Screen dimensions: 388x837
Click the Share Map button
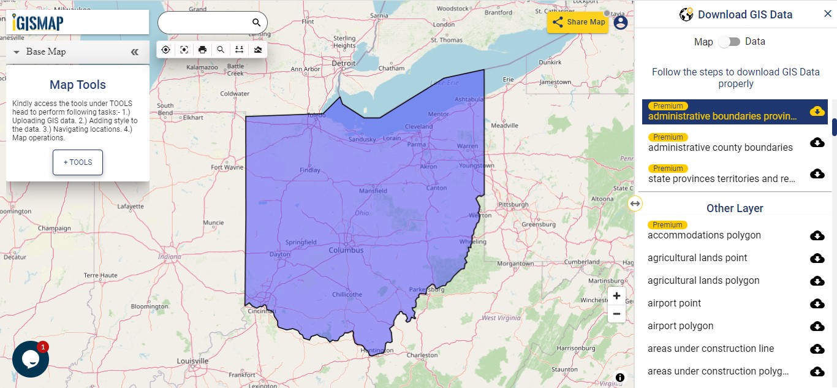coord(578,22)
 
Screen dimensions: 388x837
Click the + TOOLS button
coord(78,162)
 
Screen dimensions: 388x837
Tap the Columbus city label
coord(346,250)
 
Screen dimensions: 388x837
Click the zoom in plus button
coord(616,296)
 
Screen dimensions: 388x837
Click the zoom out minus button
coord(616,314)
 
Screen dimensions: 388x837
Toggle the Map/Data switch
coord(729,42)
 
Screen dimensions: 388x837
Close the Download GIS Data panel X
coord(827,14)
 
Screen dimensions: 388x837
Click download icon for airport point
coord(817,303)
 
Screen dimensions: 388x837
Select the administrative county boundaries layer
coord(720,147)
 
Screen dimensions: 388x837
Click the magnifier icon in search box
coord(256,23)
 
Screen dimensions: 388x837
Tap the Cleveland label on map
coord(418,126)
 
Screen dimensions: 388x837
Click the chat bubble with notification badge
coord(31,359)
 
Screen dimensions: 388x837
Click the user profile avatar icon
coord(621,23)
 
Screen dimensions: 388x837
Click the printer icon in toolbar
coord(202,50)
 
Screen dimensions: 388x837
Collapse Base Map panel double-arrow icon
coord(135,52)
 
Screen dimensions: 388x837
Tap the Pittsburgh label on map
coord(513,204)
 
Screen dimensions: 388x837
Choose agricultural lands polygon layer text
coord(703,281)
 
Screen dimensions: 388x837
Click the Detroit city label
coord(343,63)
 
